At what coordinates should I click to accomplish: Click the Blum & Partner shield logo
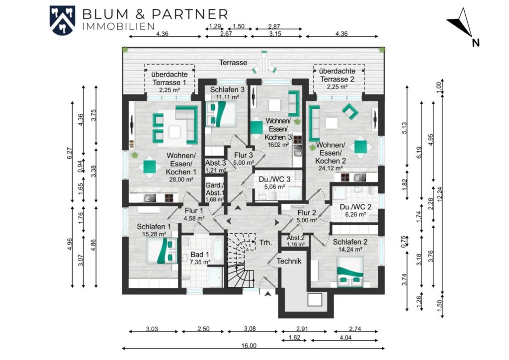(62, 20)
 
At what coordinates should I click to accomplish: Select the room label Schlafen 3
(227, 90)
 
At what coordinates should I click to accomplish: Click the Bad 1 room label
(200, 255)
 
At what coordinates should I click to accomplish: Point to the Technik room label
(289, 261)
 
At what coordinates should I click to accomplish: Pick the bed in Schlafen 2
(350, 271)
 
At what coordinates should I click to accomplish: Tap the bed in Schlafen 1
(162, 251)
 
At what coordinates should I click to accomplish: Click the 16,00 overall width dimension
(249, 346)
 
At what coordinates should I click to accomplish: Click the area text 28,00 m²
(181, 179)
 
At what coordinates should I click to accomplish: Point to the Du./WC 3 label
(274, 179)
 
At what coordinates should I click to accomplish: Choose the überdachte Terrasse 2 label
(337, 75)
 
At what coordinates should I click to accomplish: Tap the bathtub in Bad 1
(218, 249)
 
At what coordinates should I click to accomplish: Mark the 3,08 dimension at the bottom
(250, 329)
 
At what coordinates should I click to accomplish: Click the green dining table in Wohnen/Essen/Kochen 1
(149, 167)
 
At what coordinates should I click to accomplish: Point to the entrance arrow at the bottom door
(268, 294)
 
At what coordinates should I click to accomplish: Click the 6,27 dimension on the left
(70, 153)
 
